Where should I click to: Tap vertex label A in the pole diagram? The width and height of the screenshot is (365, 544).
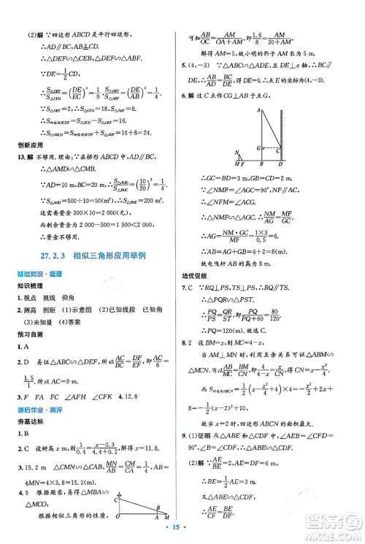point(260,110)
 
